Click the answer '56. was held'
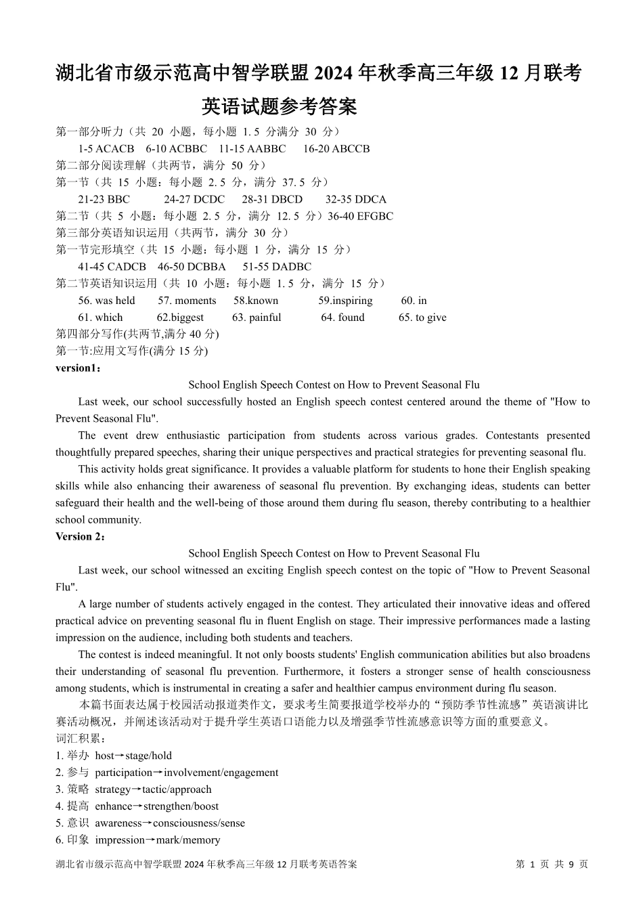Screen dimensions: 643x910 point(106,301)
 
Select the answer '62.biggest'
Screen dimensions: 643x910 point(180,318)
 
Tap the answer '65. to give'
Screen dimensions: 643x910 point(422,318)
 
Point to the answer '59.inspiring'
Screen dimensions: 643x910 point(345,301)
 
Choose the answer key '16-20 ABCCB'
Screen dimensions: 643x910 point(336,149)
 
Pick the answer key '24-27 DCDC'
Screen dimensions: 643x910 point(194,200)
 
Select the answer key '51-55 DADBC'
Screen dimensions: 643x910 point(277,267)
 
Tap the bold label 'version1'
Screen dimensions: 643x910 point(77,368)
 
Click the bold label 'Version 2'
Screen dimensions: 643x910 point(79,536)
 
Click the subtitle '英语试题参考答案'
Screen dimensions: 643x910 point(279,107)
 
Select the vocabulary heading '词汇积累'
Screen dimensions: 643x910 point(77,739)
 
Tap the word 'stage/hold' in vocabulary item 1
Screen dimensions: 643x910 point(148,756)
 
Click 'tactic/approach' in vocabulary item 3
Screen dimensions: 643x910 point(177,789)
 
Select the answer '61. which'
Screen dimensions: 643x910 point(100,318)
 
